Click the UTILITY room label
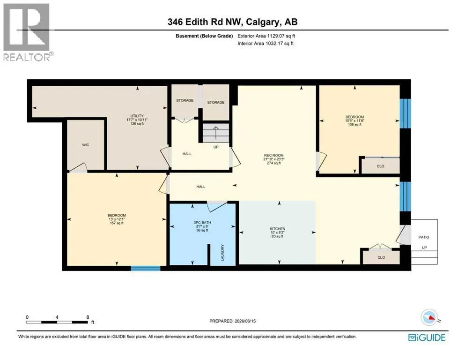pyautogui.click(x=137, y=116)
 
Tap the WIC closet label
pyautogui.click(x=86, y=145)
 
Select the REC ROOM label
pyautogui.click(x=274, y=155)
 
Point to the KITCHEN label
pyautogui.click(x=278, y=229)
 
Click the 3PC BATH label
pyautogui.click(x=202, y=223)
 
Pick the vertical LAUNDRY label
pyautogui.click(x=222, y=253)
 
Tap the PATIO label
pyautogui.click(x=424, y=237)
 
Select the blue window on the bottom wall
pyautogui.click(x=146, y=268)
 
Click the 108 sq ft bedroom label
pyautogui.click(x=354, y=117)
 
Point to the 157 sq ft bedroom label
pyautogui.click(x=117, y=215)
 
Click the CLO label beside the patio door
pyautogui.click(x=381, y=257)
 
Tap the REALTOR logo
pyautogui.click(x=27, y=32)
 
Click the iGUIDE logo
pyautogui.click(x=427, y=337)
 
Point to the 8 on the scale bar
pyautogui.click(x=88, y=317)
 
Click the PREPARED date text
pyautogui.click(x=232, y=321)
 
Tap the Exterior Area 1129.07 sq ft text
pyautogui.click(x=266, y=36)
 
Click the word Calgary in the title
pyautogui.click(x=262, y=22)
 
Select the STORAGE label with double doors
pyautogui.click(x=185, y=100)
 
